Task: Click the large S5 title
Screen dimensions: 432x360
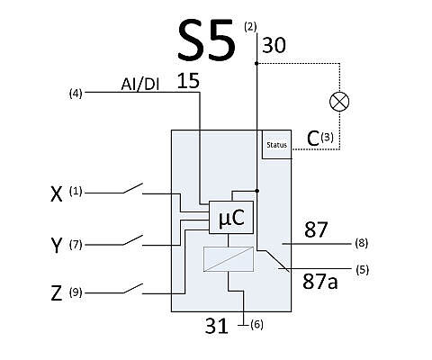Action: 206,40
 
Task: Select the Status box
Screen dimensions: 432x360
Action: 276,144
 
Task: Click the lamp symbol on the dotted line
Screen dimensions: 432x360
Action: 339,102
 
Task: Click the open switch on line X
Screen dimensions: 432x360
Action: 132,188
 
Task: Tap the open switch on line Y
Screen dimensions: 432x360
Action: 132,240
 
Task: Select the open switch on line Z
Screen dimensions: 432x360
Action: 132,289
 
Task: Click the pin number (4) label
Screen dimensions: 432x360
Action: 76,94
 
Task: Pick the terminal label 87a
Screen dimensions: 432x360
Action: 320,282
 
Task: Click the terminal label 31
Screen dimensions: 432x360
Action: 217,326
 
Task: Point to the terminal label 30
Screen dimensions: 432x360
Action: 274,46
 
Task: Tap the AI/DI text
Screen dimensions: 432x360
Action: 140,85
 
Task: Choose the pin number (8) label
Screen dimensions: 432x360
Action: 362,243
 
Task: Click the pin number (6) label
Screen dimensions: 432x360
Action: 256,325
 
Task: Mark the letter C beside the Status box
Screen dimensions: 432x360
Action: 313,139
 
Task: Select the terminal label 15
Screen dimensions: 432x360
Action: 188,81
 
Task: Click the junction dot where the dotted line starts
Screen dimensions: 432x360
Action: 256,63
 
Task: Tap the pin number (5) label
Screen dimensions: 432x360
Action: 363,270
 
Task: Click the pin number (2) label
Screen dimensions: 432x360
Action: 250,27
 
